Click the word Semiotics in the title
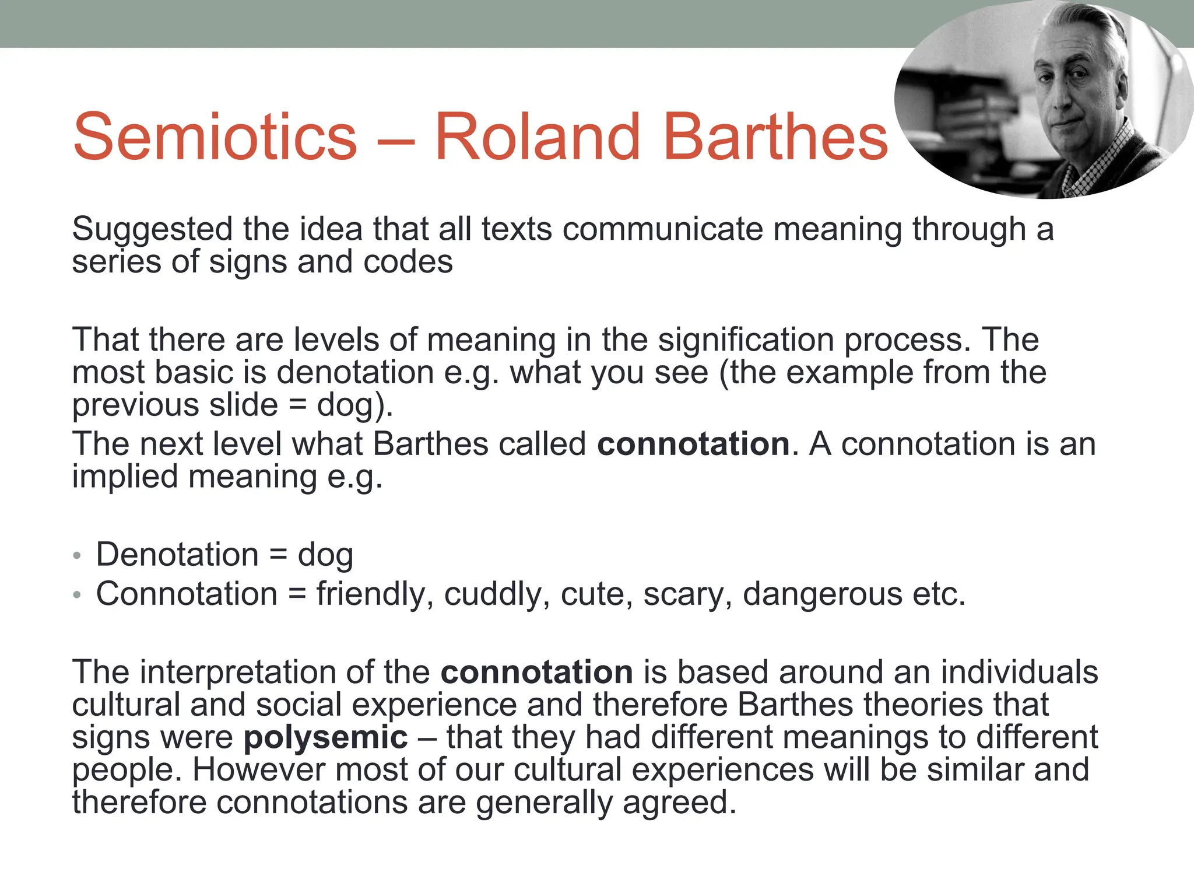pos(215,136)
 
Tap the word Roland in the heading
pos(537,136)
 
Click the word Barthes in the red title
pos(775,136)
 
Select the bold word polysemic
pos(325,737)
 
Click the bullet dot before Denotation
pos(77,556)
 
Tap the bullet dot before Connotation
pos(77,595)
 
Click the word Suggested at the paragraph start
pos(152,229)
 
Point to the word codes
pos(408,262)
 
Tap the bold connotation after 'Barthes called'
pos(693,444)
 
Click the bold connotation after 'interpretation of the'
pos(536,672)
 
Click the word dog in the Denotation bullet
pos(325,555)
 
